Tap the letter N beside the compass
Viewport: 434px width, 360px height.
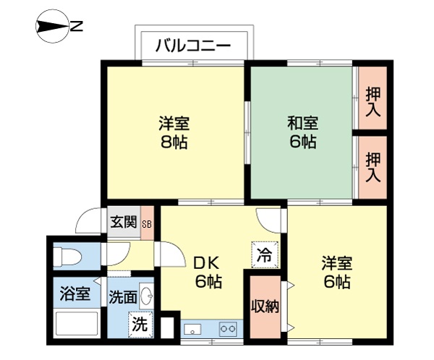pos(76,28)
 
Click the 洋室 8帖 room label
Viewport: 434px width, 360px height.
pos(174,132)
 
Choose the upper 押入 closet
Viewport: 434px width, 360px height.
pos(373,102)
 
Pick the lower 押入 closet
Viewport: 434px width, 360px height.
pos(373,167)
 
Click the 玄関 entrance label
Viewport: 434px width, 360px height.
pos(124,222)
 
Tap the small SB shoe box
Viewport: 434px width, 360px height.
pos(147,223)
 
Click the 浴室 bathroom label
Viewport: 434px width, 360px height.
pos(75,294)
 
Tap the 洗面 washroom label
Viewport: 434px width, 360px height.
pos(123,296)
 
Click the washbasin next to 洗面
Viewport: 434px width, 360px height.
pos(146,296)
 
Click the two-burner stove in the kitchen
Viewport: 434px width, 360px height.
pos(228,329)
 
